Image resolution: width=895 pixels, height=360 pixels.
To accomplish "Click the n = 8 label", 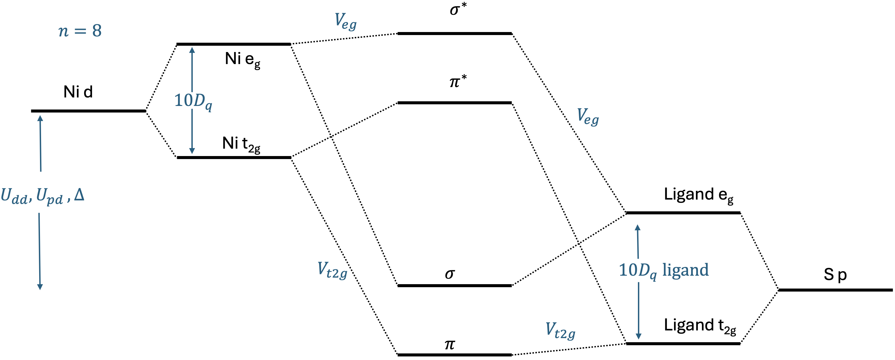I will (x=80, y=31).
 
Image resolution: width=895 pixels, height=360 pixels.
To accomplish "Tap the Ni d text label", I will (x=78, y=92).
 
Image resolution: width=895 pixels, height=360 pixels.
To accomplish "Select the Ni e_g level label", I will (x=243, y=59).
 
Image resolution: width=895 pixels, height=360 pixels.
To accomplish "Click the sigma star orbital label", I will (x=457, y=9).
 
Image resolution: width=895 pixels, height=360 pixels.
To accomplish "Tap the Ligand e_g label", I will (x=698, y=195).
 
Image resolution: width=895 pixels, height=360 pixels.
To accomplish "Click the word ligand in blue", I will (x=685, y=270).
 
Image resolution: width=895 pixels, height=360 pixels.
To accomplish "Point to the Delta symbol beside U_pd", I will (x=79, y=195).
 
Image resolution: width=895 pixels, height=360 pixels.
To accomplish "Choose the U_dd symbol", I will (x=14, y=196).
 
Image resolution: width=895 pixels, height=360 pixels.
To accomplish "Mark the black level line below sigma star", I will (x=454, y=34).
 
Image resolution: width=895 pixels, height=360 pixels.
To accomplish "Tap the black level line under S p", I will (x=835, y=290).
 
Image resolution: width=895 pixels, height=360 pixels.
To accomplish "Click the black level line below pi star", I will (x=454, y=103).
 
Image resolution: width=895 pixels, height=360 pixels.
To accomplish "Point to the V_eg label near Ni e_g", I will (x=345, y=22).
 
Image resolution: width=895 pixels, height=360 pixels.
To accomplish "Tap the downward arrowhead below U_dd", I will (x=40, y=287).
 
